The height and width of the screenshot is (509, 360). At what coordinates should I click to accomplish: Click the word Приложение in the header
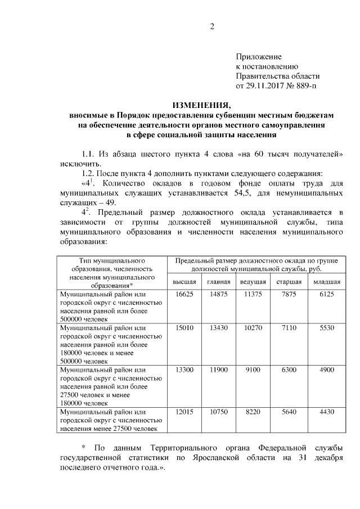[258, 57]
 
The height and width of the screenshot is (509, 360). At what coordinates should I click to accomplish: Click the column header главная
[218, 281]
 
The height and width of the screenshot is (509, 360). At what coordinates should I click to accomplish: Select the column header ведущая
[253, 281]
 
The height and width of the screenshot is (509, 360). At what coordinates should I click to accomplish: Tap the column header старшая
[288, 281]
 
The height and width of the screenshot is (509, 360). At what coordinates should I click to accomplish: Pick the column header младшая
[326, 281]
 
